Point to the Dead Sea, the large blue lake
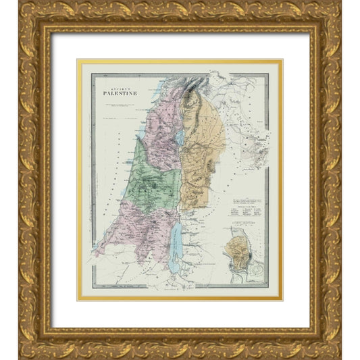174,247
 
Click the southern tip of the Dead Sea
174,272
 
